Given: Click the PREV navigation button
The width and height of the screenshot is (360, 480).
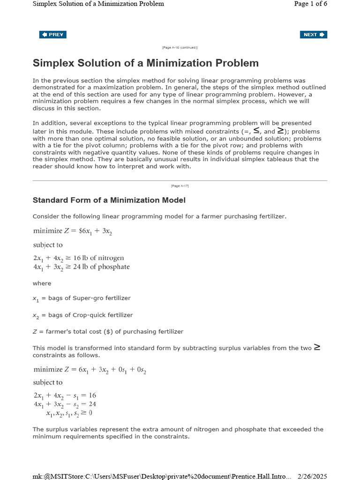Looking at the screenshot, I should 52,35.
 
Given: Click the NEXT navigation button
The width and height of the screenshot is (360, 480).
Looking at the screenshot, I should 313,35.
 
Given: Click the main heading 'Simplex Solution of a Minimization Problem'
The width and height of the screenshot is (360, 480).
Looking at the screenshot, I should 145,63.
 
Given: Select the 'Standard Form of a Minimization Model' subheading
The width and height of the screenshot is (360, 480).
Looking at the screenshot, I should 109,200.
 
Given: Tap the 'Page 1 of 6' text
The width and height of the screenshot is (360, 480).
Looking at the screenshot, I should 310,4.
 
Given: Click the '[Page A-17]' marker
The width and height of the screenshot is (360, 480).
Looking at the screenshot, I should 180,186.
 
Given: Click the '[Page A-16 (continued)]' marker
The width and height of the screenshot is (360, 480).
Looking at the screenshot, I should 180,48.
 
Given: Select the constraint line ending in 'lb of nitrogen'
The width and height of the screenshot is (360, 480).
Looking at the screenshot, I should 78,258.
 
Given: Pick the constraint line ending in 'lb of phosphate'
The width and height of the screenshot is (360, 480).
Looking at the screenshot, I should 81,267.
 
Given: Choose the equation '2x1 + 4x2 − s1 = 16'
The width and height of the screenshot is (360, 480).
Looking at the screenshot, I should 65,396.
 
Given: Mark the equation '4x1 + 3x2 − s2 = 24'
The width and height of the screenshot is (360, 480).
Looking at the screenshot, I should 65,404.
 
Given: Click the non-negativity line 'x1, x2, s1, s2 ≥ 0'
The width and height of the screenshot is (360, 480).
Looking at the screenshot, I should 69,413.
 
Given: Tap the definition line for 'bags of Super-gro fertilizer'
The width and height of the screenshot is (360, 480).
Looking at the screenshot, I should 81,298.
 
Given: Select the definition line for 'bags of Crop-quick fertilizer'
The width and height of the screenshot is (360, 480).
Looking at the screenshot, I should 82,315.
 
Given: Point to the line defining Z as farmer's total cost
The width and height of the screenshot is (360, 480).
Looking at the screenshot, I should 108,331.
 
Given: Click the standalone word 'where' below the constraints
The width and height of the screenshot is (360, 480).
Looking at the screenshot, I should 42,283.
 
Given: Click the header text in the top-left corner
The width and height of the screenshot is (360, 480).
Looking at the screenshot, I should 98,4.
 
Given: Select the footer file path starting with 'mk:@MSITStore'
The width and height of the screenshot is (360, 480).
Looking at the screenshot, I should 162,476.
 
